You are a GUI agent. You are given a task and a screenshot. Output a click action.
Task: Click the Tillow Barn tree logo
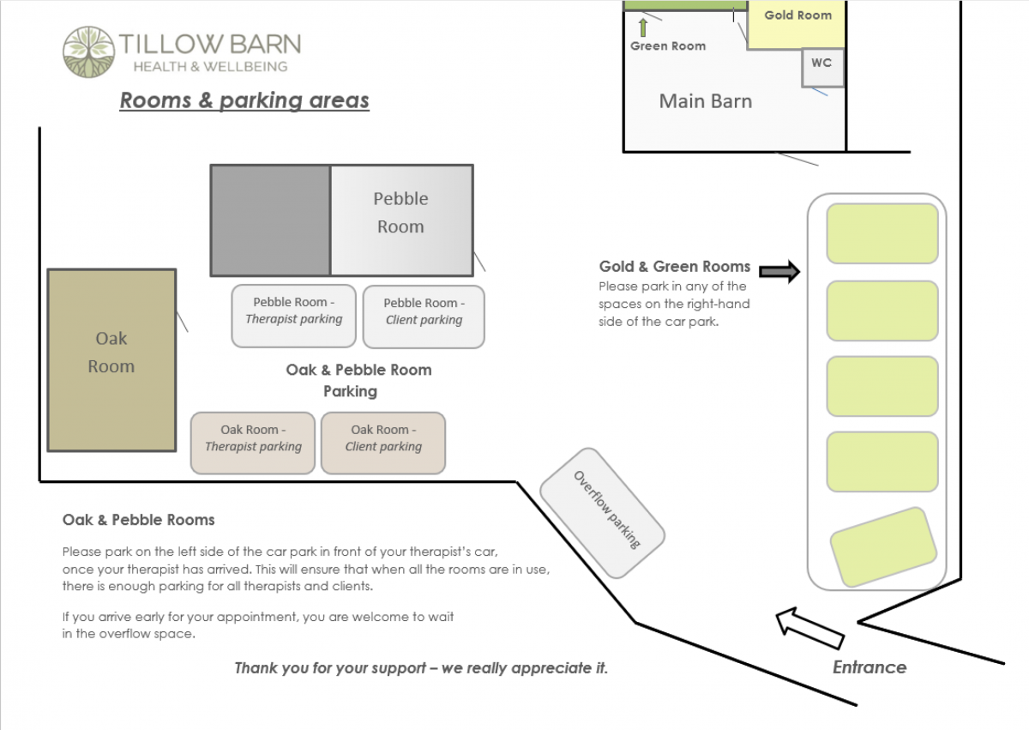pos(88,51)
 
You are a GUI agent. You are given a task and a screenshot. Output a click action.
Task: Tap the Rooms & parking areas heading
pos(244,100)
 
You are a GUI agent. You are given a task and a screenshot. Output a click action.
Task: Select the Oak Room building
pos(111,359)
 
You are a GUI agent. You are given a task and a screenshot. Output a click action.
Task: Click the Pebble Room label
pos(400,212)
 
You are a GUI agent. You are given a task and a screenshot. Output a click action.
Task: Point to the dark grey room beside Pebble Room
pos(270,220)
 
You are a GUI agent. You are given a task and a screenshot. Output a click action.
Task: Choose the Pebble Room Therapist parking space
pos(293,316)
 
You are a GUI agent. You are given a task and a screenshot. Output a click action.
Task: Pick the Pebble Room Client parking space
pos(424,317)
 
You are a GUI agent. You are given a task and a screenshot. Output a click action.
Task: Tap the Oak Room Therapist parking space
pos(253,443)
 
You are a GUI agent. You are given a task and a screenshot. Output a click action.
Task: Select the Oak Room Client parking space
pos(383,443)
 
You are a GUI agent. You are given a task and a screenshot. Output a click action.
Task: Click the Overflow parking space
pos(603,512)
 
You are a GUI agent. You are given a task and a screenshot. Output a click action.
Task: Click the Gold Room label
pos(797,15)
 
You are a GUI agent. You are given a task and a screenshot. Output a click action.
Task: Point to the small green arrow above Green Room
pos(642,27)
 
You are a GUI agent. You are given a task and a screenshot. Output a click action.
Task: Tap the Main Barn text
pos(705,101)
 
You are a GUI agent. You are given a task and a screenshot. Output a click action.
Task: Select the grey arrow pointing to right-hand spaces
pos(779,273)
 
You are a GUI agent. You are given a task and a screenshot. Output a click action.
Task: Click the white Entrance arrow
pos(809,630)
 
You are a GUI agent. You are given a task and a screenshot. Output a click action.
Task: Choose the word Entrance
pos(869,667)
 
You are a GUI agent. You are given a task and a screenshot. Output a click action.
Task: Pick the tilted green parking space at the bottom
pos(883,547)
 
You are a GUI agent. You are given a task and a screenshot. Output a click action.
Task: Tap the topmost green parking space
pos(882,233)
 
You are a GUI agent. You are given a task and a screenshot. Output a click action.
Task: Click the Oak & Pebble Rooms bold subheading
pos(138,520)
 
